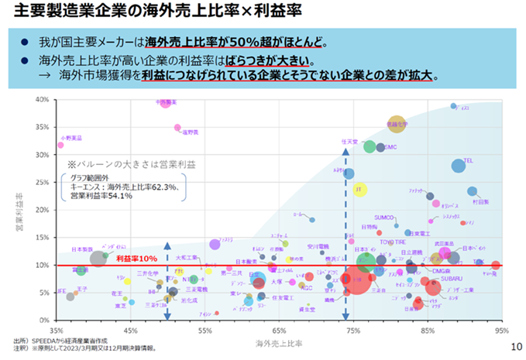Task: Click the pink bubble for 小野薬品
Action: [60, 145]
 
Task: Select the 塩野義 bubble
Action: [178, 128]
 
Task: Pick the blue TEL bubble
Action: [459, 166]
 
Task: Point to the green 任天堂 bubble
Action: [370, 147]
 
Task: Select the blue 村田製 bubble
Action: [473, 191]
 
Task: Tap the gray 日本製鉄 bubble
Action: [98, 259]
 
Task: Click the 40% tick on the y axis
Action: [43, 100]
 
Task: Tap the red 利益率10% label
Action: [136, 258]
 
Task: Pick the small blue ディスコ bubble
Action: [454, 107]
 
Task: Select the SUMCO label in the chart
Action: [384, 218]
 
